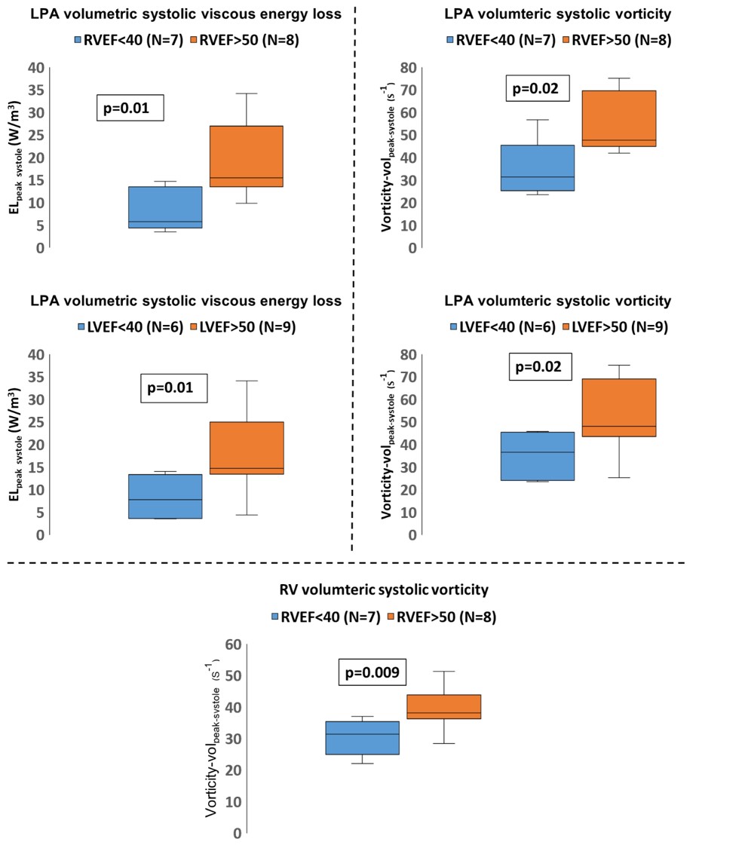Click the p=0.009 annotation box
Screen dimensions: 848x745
tap(371, 672)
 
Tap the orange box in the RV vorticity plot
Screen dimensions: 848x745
tap(443, 706)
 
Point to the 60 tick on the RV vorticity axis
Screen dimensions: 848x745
tap(232, 644)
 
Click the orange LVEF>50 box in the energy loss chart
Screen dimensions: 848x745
tap(247, 448)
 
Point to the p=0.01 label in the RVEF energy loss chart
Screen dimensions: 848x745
tap(130, 109)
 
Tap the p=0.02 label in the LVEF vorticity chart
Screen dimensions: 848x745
tap(539, 368)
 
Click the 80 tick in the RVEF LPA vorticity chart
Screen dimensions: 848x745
tap(408, 68)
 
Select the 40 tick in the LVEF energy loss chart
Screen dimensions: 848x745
tap(35, 354)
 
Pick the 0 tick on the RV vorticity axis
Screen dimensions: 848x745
tap(237, 833)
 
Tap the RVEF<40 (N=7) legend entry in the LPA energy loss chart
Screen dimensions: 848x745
tap(128, 41)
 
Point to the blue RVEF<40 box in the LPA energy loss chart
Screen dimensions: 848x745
tap(164, 207)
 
